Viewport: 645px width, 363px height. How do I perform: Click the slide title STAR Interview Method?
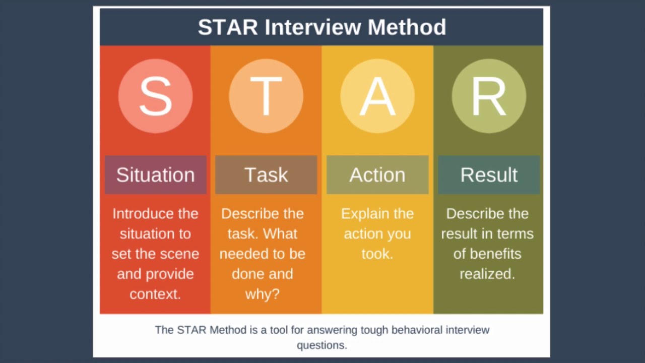pos(321,27)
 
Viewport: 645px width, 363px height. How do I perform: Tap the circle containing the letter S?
pos(155,96)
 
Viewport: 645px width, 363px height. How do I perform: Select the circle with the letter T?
pos(266,96)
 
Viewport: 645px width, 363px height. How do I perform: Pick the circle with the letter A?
pos(377,96)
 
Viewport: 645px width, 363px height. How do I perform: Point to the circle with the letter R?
pos(489,96)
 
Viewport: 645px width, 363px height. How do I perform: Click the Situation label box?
pos(155,174)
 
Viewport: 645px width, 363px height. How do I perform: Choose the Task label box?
pos(266,174)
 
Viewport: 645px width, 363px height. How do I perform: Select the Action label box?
pos(377,174)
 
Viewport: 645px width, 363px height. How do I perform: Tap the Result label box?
pos(489,174)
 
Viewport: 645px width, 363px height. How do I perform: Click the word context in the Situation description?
pos(155,294)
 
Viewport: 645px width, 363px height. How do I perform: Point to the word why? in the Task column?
pos(262,294)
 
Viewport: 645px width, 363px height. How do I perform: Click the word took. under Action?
pos(377,254)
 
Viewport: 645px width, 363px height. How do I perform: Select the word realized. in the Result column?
pos(487,274)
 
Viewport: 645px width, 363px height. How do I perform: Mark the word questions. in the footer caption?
pos(321,345)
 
